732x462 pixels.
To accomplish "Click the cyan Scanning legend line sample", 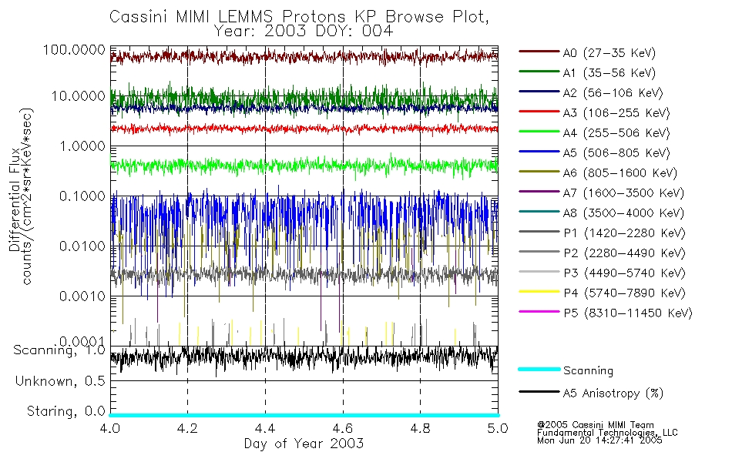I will coord(539,370).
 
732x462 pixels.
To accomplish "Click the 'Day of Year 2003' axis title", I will coord(304,444).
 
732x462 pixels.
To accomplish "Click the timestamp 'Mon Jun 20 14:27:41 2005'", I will coord(599,441).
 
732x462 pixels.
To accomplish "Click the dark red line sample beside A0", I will coord(539,53).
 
